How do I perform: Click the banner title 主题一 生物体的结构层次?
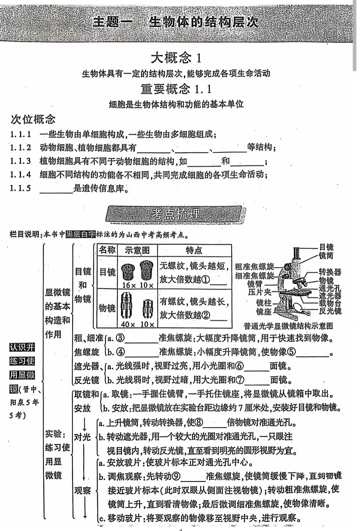click(x=176, y=22)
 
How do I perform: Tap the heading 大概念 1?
click(x=176, y=58)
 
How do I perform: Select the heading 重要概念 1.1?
click(x=176, y=89)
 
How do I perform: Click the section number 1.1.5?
click(x=20, y=188)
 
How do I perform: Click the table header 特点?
click(x=194, y=250)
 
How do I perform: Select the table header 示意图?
click(x=137, y=250)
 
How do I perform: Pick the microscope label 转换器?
click(x=330, y=272)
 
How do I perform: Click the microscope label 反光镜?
click(x=330, y=311)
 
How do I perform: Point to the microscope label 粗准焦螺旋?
click(x=254, y=266)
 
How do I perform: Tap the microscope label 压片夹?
click(x=260, y=292)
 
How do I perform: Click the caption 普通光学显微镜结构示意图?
click(x=288, y=326)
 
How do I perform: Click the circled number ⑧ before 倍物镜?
click(x=199, y=423)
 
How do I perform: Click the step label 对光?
click(x=82, y=437)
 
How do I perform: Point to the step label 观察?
click(x=82, y=490)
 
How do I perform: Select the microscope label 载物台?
click(x=330, y=303)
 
